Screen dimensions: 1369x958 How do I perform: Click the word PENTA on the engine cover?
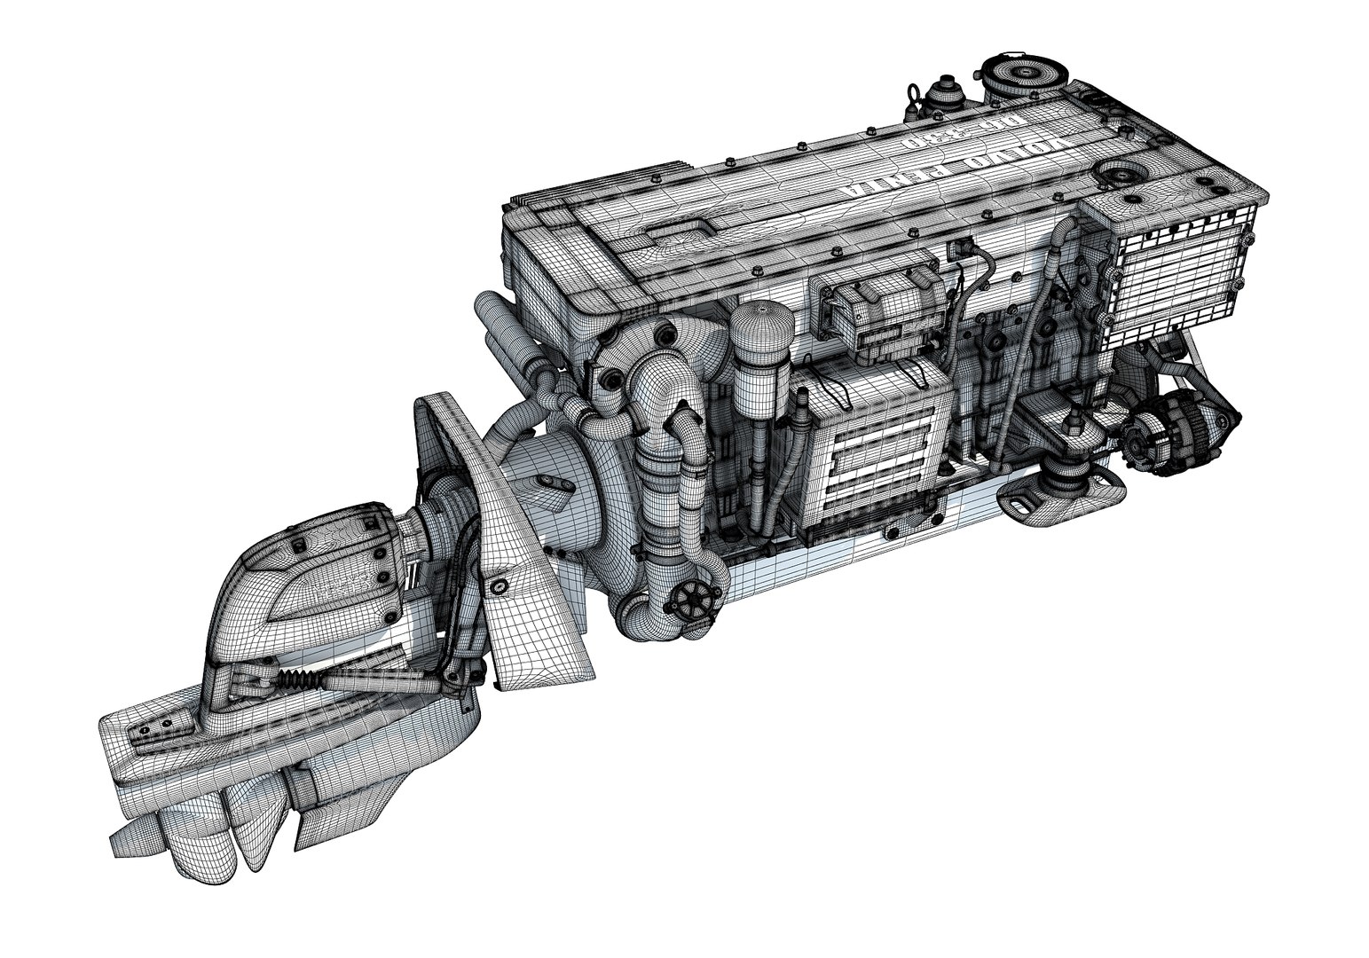click(x=896, y=181)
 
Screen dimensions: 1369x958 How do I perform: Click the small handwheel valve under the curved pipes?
click(x=694, y=601)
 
